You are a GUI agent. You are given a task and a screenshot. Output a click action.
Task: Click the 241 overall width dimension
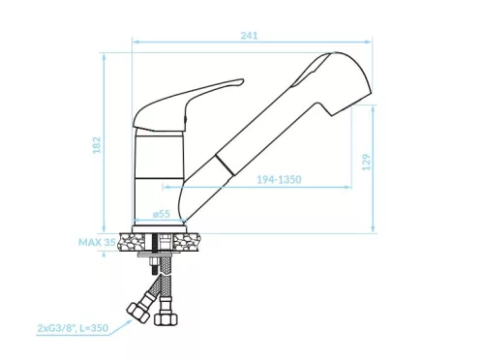(x=249, y=36)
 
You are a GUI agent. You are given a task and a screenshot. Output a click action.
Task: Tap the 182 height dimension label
(x=97, y=145)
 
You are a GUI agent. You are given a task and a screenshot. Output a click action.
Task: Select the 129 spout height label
(x=366, y=163)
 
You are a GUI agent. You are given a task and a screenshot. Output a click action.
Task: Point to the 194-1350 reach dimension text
(x=279, y=179)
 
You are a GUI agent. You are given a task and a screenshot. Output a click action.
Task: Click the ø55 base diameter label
(x=162, y=214)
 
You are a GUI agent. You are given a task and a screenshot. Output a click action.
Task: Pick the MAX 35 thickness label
(x=97, y=242)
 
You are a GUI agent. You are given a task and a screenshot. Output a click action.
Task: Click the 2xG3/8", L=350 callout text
(x=73, y=328)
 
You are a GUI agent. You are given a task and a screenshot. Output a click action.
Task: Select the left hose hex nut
(x=138, y=313)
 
